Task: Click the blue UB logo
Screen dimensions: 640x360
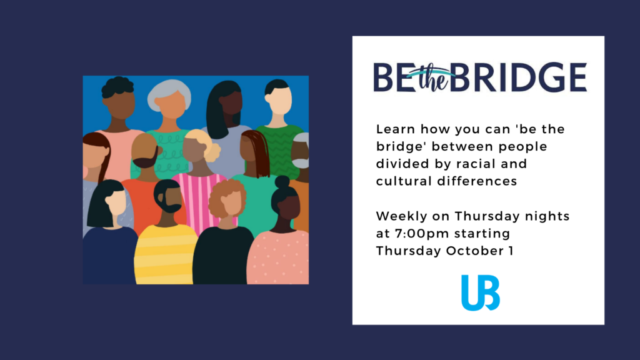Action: [x=481, y=292]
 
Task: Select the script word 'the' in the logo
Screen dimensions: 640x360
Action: [x=432, y=77]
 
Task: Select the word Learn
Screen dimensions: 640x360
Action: [x=396, y=129]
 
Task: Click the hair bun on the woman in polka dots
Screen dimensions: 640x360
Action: [x=282, y=182]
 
